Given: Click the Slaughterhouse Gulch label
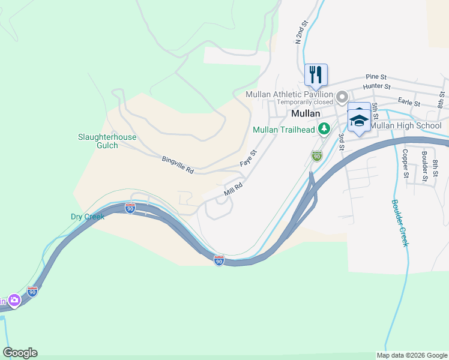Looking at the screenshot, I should [x=107, y=141].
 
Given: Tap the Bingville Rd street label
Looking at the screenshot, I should [x=178, y=166].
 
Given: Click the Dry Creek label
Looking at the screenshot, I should [x=88, y=217].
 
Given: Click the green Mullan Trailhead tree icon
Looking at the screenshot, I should [x=324, y=128].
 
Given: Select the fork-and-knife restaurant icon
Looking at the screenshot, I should [x=316, y=75].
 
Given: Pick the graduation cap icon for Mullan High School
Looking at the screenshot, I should [x=359, y=121].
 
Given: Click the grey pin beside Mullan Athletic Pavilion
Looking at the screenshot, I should [x=343, y=96].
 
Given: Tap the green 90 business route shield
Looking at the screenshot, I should [x=317, y=156].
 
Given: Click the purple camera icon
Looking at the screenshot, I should [x=14, y=300].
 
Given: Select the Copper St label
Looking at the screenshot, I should [x=406, y=164].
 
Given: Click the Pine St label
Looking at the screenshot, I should [x=376, y=77].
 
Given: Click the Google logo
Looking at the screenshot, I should [x=20, y=353].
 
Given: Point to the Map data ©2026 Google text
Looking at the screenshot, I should [x=411, y=355].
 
